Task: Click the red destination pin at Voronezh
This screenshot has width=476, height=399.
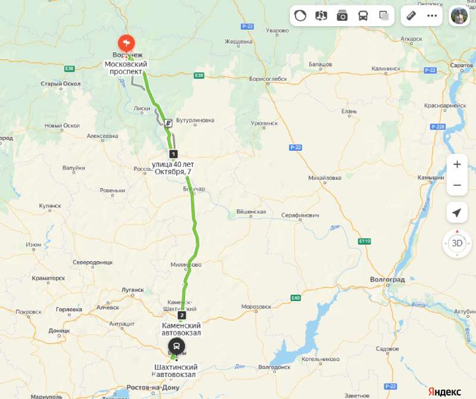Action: coord(126,43)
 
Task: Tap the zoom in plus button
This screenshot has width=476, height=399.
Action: coord(457,164)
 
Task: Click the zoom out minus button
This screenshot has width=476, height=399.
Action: coord(457,185)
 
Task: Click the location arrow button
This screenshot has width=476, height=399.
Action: coord(457,213)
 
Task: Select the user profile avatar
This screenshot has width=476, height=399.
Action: coord(459,16)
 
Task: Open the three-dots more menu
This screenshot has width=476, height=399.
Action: coord(432,16)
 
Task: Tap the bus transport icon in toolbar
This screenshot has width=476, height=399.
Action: coord(362,16)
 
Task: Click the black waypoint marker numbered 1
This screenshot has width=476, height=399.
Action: coord(173,154)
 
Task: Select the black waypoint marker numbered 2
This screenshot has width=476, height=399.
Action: coord(181,315)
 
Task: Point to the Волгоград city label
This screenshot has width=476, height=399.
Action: coord(387,279)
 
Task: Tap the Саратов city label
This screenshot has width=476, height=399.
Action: coord(461,64)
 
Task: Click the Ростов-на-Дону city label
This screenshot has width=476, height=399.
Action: coord(153,388)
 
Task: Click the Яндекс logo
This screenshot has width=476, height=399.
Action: coord(445,391)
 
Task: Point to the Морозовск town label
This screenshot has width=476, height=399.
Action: coord(256,306)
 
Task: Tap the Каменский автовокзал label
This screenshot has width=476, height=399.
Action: coord(181,329)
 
